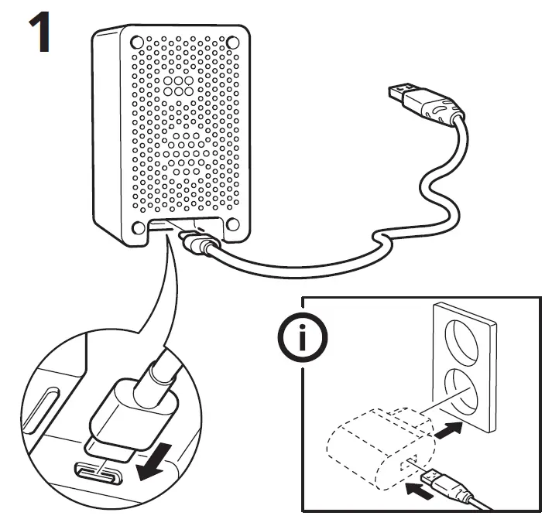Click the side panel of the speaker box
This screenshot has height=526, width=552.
click(x=107, y=139)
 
